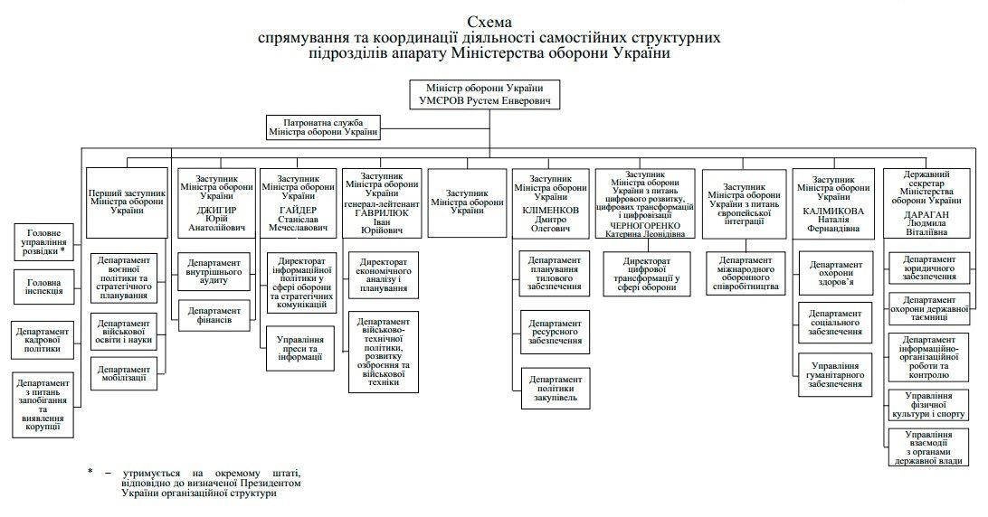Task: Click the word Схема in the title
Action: click(x=489, y=22)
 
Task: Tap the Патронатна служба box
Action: click(x=323, y=127)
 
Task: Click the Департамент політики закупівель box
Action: click(x=556, y=387)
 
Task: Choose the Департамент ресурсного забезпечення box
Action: click(x=556, y=332)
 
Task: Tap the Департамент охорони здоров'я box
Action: click(x=834, y=276)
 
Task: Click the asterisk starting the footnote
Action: click(x=90, y=472)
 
